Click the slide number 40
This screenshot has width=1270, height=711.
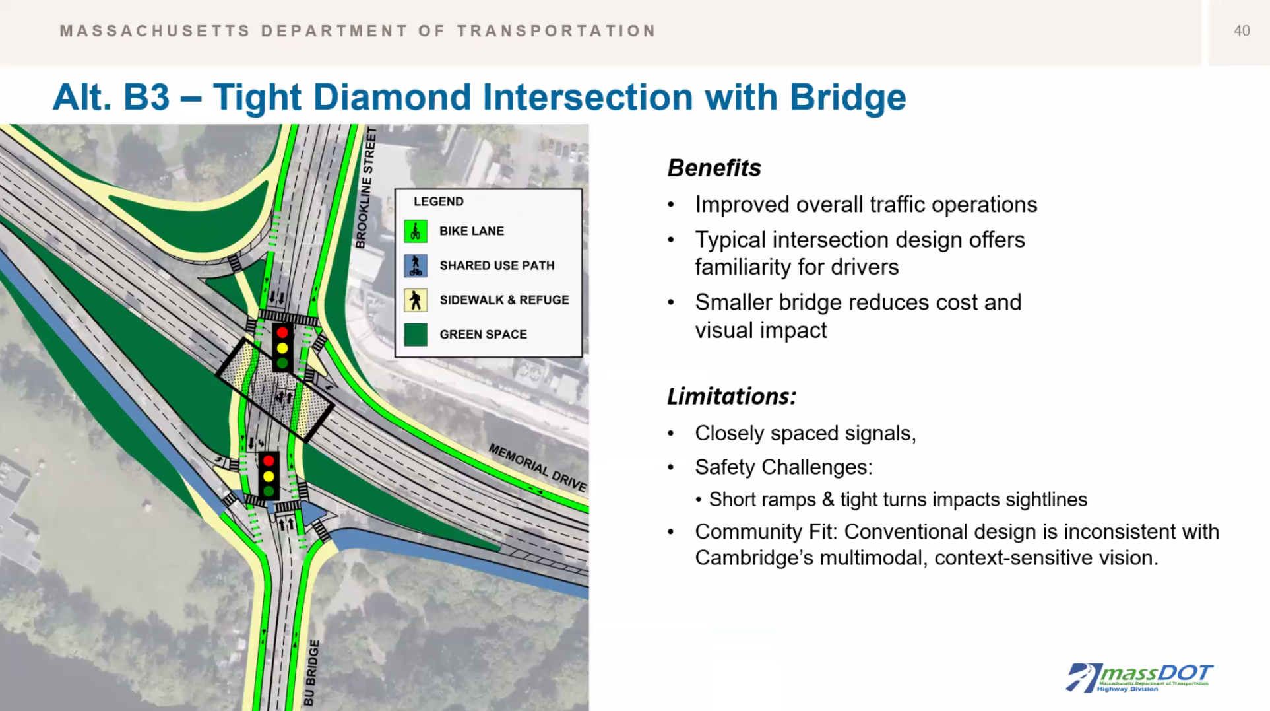pos(1242,31)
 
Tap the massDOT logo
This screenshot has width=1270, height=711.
pos(1139,677)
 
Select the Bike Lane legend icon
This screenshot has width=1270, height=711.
pos(416,231)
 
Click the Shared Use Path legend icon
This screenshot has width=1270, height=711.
pos(416,265)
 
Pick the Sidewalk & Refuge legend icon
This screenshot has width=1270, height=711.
pos(416,300)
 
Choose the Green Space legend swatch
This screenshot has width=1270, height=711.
pos(416,335)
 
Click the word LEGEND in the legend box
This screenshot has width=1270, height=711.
pos(439,201)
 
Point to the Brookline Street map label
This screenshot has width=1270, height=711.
pos(365,188)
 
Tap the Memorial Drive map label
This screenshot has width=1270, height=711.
pos(538,468)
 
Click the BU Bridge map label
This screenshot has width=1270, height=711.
pos(312,672)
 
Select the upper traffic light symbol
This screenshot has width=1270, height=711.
pos(282,347)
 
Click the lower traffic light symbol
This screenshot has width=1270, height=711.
pos(269,475)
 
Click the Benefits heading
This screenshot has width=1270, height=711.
pos(714,168)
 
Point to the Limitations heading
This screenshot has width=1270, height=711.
pos(732,396)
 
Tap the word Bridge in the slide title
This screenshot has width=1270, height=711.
pos(848,97)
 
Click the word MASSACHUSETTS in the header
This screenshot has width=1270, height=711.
pos(155,31)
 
